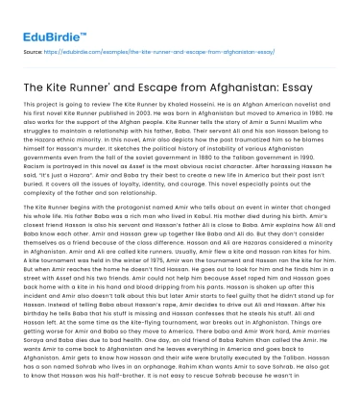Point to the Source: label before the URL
pos(26,44)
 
